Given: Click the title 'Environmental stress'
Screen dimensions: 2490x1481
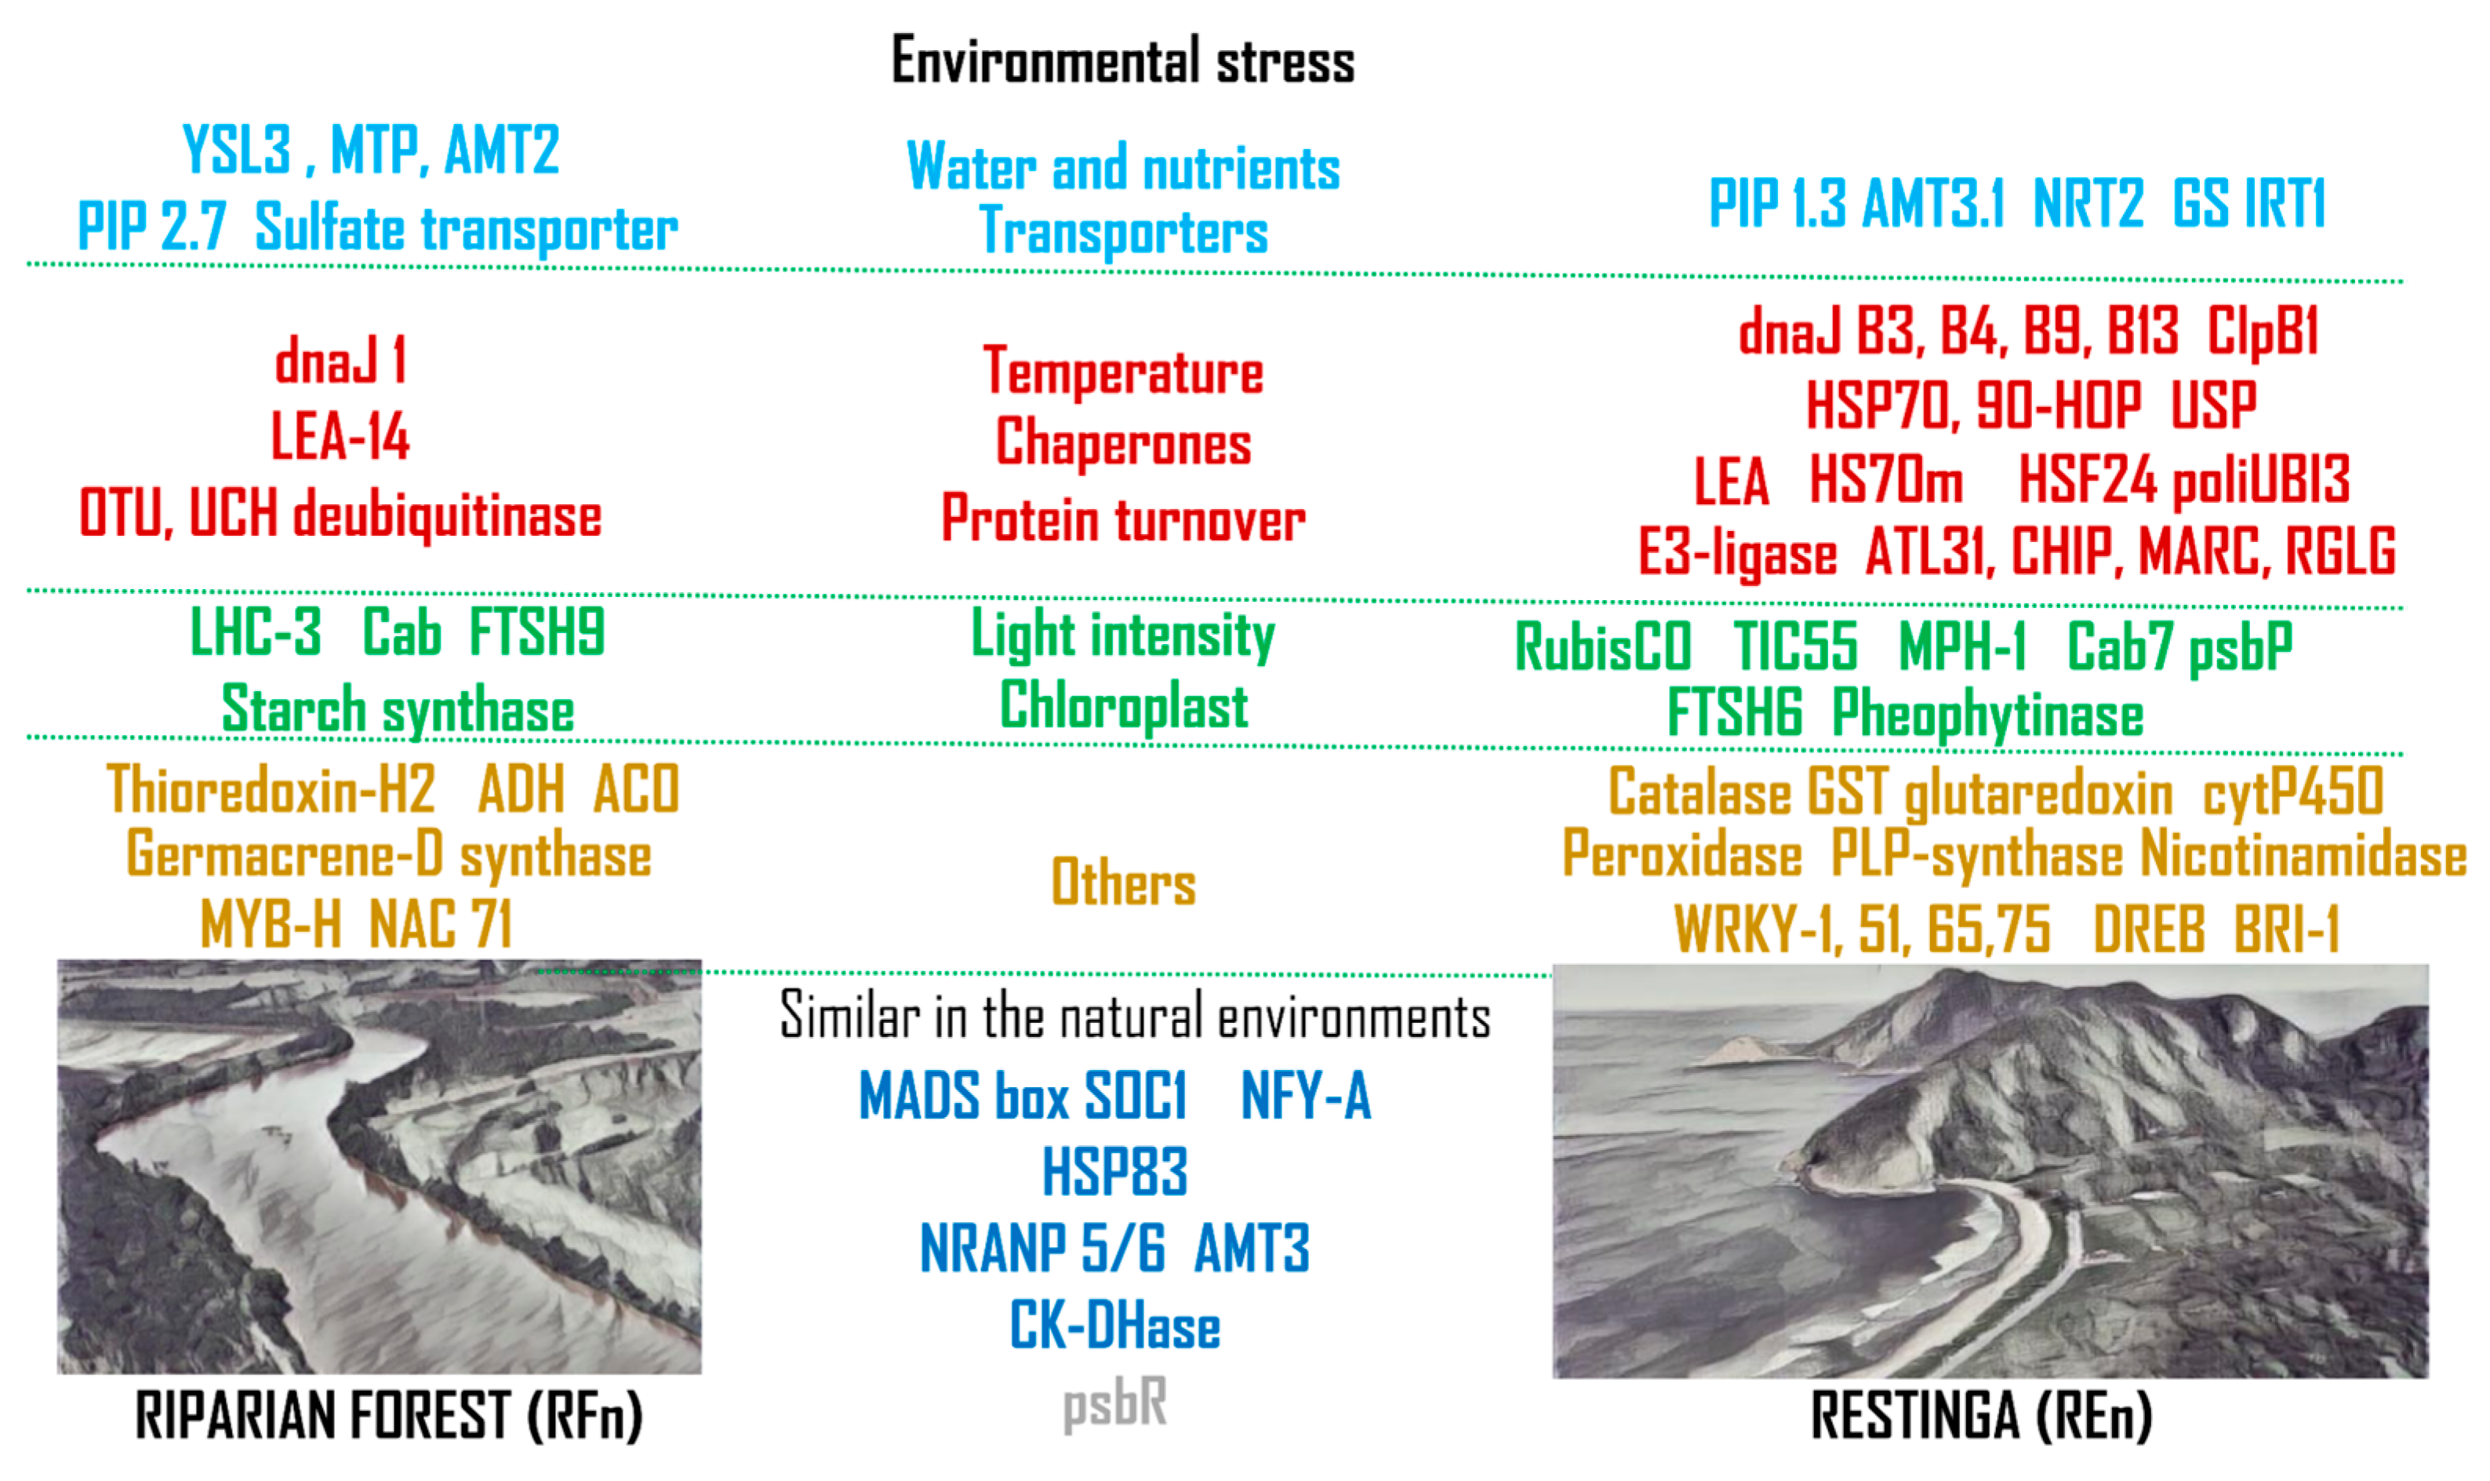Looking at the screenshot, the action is (1122, 60).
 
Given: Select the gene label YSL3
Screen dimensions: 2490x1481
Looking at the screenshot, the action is (238, 150).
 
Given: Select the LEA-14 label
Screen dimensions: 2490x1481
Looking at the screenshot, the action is (340, 436).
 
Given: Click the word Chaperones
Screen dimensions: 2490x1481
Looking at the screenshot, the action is (1123, 444).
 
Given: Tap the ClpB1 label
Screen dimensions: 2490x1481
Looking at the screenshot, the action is (2262, 330).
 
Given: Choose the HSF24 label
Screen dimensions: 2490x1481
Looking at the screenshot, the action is (2087, 479).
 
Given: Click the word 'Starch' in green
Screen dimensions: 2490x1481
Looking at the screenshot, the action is (294, 710).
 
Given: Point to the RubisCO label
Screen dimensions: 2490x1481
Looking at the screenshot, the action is (1602, 646).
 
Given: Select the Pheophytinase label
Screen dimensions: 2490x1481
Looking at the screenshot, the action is (1987, 715).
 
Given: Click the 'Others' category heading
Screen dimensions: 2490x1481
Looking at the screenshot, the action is (1123, 882).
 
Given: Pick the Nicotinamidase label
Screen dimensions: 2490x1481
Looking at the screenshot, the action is (2303, 855).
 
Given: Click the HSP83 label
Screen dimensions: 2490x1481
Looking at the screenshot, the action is (1114, 1172).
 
